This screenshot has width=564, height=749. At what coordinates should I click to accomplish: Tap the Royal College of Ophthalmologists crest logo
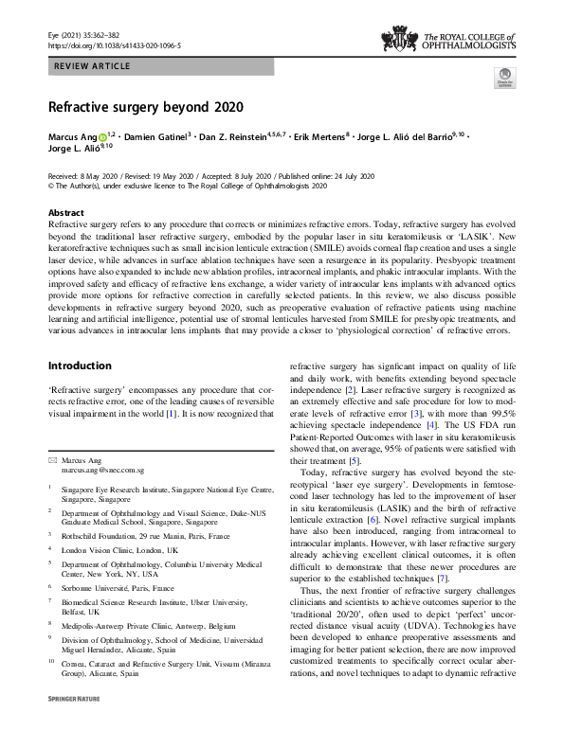coord(399,39)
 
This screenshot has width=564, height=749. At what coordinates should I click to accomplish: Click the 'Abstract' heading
coord(66,213)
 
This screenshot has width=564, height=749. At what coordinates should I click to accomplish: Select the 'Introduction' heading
coord(80,366)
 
